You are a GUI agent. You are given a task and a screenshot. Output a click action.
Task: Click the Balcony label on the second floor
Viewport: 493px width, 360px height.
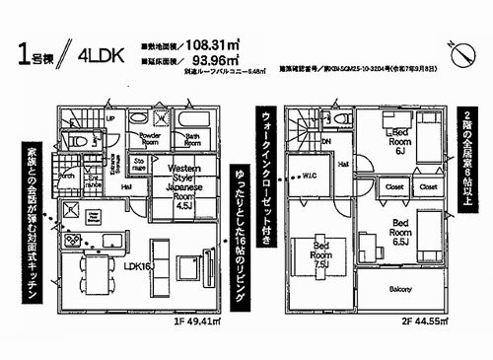(x=398, y=289)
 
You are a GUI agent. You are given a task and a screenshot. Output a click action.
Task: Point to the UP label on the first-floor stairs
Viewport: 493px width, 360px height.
(x=110, y=118)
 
